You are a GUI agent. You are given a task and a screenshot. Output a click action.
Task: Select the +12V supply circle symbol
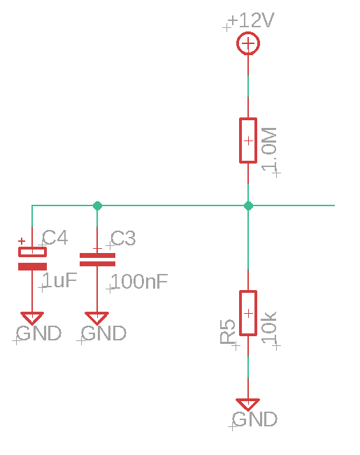248,45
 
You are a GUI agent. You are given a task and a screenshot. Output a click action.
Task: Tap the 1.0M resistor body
248,140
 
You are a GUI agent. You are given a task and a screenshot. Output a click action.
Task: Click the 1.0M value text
270,149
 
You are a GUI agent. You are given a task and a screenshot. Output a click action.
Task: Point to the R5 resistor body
248,313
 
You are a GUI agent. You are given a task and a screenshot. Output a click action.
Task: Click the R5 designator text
228,331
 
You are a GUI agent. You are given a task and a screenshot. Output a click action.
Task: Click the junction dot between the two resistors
248,205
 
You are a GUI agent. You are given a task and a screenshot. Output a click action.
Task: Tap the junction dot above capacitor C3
97,205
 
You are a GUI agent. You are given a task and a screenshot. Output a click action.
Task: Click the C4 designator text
55,238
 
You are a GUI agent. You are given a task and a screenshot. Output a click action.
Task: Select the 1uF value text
59,281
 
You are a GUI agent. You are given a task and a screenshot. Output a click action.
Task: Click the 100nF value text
139,282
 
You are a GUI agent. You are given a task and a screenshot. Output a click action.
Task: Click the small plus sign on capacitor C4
21,241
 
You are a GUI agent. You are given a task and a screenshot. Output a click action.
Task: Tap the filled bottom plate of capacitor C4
32,266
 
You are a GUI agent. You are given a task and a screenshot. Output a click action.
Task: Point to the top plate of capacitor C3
97,255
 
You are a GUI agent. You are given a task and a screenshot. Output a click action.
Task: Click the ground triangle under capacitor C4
32,317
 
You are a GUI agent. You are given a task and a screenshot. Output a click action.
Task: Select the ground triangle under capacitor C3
97,317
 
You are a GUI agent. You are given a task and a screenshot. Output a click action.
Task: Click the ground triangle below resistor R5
248,404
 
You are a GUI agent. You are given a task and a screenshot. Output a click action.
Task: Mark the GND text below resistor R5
254,419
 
